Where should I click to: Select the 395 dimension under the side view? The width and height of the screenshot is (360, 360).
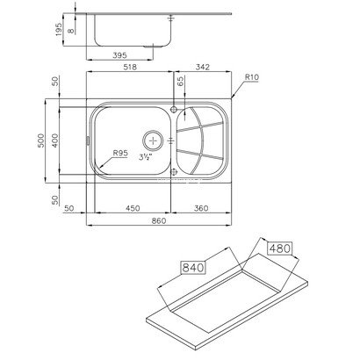(x=126, y=56)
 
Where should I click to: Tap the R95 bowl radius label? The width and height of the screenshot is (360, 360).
(x=121, y=154)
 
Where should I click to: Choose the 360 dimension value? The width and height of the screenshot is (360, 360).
(x=202, y=208)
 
